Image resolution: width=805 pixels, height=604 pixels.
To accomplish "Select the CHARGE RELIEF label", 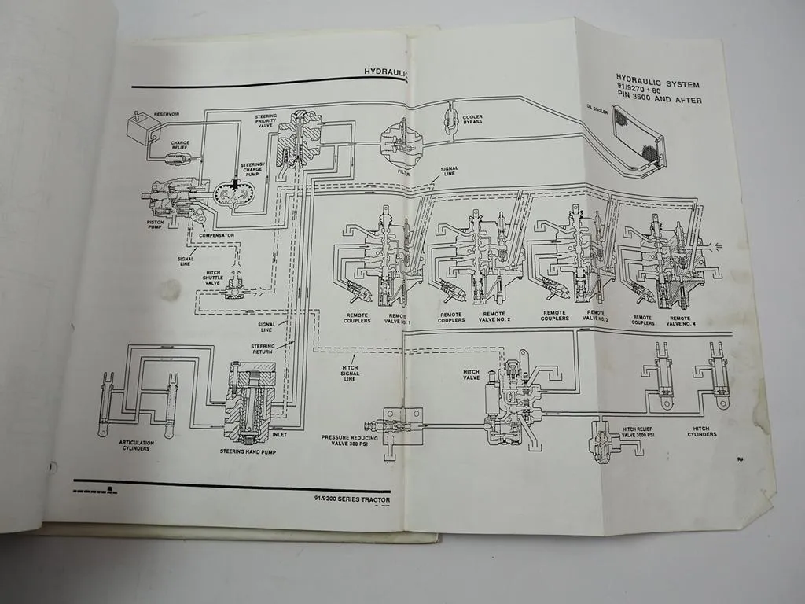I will [181, 146].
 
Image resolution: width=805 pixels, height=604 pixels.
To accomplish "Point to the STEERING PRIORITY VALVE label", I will [266, 121].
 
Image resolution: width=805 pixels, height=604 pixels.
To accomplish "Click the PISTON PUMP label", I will [156, 225].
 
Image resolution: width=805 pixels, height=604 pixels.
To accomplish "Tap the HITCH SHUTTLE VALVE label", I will [212, 277].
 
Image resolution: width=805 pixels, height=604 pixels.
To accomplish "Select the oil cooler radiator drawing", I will [637, 138].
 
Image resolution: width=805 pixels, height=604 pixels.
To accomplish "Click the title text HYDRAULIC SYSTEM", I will [657, 85].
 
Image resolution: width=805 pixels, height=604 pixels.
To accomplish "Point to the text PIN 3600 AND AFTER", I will [660, 100].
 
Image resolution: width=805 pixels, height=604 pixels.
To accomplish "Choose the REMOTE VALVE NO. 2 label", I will [497, 317].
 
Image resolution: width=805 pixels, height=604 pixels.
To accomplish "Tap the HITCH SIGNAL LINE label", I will [349, 374].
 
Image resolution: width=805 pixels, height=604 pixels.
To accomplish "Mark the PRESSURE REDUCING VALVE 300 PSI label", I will [350, 440].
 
